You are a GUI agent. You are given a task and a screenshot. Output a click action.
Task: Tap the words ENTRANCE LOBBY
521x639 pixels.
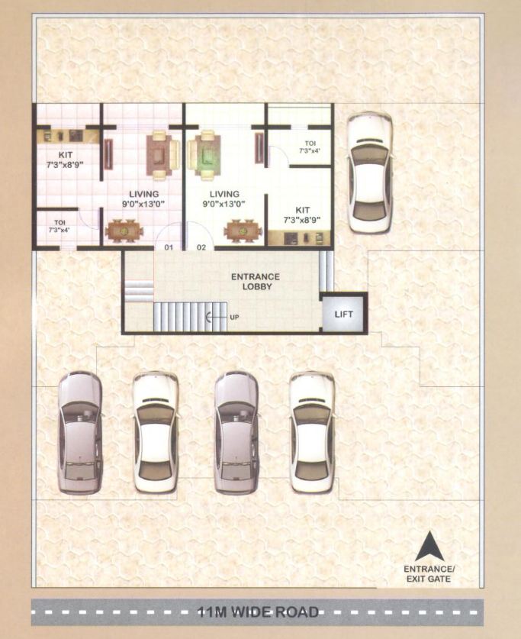coord(256,281)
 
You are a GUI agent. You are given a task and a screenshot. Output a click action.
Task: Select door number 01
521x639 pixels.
coord(169,247)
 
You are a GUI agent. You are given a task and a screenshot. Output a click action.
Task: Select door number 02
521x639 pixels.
coord(202,247)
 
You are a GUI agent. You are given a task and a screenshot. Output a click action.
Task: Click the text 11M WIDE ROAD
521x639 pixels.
coord(257,612)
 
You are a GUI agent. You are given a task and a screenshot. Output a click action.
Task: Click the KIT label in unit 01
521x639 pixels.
coord(65,160)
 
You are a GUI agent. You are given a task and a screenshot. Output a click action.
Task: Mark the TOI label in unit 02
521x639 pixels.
coord(309,147)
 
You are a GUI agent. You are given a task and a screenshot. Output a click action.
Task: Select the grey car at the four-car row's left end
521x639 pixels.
coord(79,433)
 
